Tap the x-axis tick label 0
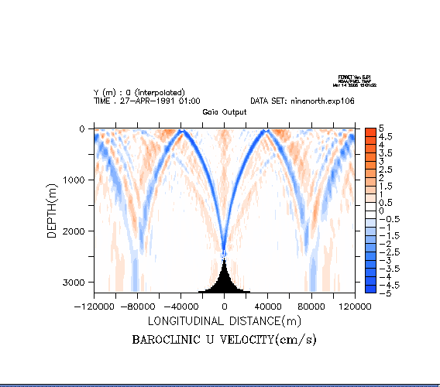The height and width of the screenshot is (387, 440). click(x=225, y=307)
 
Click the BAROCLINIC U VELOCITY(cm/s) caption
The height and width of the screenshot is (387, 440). click(x=225, y=340)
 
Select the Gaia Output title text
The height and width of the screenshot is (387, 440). click(x=225, y=111)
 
